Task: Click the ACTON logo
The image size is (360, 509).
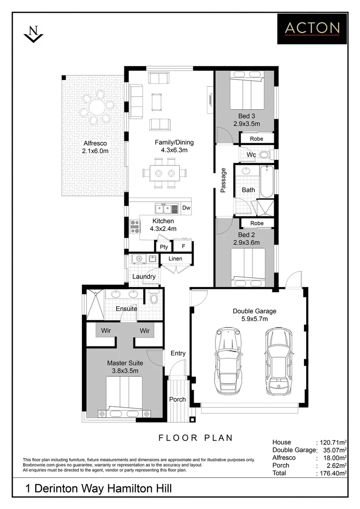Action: coord(312,28)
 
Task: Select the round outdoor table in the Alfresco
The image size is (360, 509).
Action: coord(97,108)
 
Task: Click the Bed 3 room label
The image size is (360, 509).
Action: coord(246,116)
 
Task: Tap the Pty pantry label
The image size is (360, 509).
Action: coord(164,246)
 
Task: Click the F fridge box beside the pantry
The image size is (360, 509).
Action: coord(183,246)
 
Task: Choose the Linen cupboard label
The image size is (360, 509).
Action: coord(175,259)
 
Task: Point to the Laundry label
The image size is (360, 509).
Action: coord(144,277)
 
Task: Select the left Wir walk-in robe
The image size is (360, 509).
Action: coord(106,330)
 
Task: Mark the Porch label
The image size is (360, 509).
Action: coord(178,399)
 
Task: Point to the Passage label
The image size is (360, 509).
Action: coord(223,181)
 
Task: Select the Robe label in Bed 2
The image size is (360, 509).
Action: coord(257,223)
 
